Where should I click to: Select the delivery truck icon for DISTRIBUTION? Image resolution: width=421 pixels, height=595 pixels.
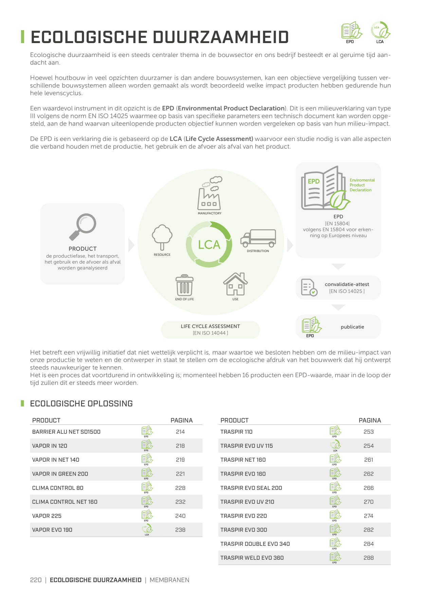coord(258,238)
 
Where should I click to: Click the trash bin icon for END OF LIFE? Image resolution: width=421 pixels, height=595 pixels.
coord(184,285)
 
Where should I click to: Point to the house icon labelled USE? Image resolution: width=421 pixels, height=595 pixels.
coord(235,284)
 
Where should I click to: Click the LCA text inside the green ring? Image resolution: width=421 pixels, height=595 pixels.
coord(209,245)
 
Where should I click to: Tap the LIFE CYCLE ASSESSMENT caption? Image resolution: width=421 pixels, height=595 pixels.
coord(210,326)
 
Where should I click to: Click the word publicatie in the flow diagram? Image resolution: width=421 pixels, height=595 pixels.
coord(352,327)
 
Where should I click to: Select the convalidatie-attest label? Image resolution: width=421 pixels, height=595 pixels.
coord(347,284)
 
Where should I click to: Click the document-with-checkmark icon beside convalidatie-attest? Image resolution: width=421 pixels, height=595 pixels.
coord(309,287)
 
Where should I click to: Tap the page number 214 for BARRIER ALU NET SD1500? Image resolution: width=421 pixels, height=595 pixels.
coord(180,432)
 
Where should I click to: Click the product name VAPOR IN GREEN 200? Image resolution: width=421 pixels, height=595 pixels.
coord(60,474)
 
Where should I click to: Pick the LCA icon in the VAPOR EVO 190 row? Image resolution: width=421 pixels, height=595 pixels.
coord(147,529)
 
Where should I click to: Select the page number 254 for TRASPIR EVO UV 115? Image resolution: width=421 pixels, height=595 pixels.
coord(369,446)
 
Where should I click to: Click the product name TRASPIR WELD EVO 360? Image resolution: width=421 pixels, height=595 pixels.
coord(252,558)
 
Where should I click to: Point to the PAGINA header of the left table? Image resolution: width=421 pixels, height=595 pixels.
coord(182,420)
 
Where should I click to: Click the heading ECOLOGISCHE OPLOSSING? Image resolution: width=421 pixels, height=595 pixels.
coord(81,403)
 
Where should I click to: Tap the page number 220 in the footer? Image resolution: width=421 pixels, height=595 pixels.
coord(36,580)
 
